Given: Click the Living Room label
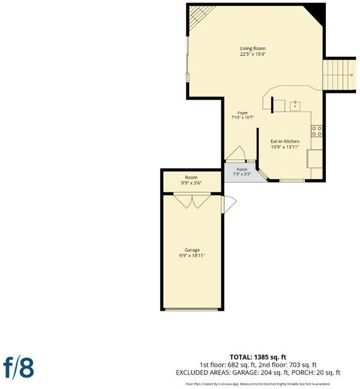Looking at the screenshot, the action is point(253,49).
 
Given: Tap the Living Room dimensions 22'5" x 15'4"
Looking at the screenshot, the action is point(253,54).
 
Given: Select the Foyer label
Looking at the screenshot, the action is point(242,113).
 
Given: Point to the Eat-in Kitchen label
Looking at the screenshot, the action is point(285,141).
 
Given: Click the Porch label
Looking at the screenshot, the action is point(242,170).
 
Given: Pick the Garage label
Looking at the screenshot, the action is point(192,250).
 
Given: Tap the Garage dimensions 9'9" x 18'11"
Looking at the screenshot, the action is point(192,255).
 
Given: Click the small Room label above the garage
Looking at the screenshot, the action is point(191,177).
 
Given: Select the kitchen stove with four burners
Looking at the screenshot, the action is point(317,131).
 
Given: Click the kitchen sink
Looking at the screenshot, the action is point(295,105).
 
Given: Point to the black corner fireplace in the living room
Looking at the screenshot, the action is point(315,14).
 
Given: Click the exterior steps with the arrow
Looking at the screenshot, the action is point(339,75).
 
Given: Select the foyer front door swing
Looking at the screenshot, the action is point(236,154).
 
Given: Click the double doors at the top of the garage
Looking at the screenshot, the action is point(192,200).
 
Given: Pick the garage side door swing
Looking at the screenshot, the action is point(229,204).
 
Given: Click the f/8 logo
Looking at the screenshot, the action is point(19,367).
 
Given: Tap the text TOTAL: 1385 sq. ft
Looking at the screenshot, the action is point(258,357).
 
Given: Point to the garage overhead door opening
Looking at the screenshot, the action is point(191,309).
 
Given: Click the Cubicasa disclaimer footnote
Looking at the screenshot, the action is point(258,384).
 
